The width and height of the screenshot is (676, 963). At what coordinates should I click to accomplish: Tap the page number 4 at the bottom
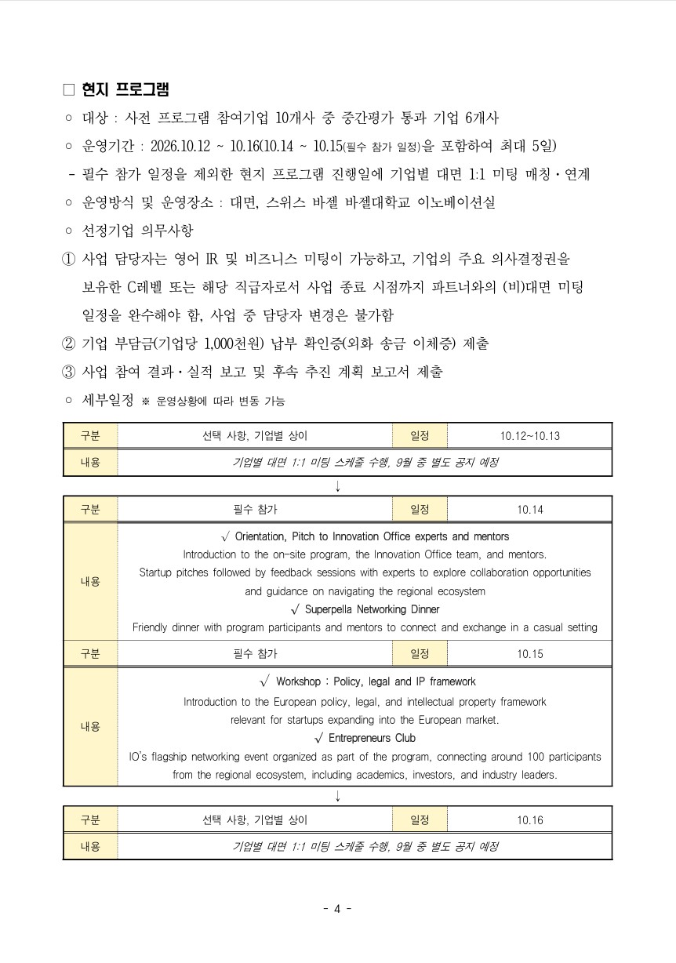tap(337, 909)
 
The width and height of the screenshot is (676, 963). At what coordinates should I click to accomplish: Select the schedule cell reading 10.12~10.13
tap(529, 436)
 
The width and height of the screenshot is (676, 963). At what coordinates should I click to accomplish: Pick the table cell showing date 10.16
tap(529, 820)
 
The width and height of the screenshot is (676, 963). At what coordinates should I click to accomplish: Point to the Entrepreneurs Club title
tap(372, 738)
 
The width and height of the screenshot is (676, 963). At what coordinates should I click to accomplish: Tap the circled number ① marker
tap(69, 259)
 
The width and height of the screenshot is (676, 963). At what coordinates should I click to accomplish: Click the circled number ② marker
tap(69, 343)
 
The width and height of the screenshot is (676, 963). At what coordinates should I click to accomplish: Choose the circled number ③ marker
tap(69, 372)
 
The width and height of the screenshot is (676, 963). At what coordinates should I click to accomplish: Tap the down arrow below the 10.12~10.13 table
tap(337, 485)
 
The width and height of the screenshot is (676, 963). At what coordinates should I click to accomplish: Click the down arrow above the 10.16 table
tap(337, 795)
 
